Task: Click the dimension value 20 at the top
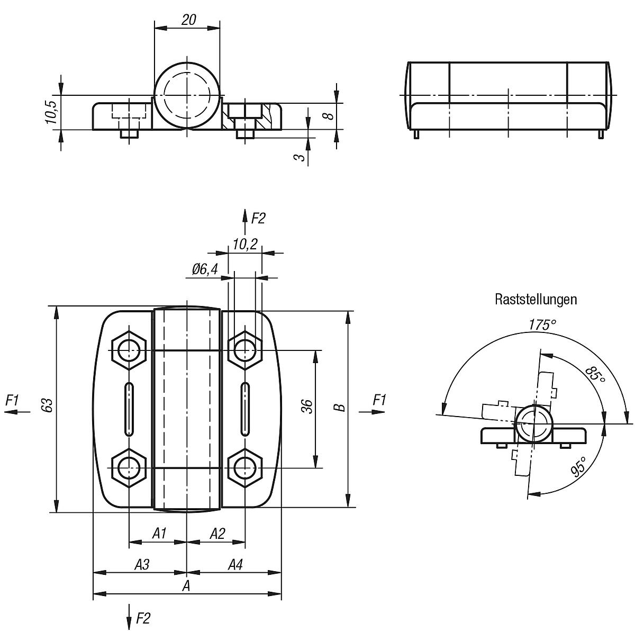(189, 20)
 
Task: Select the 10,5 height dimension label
(51, 112)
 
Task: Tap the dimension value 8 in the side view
(329, 116)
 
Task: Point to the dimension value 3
(299, 157)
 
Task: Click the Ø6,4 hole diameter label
(205, 269)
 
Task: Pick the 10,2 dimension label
(245, 245)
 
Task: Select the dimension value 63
(48, 405)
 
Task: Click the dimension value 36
(306, 407)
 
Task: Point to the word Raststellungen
(536, 300)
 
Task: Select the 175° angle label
(543, 325)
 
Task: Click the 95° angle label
(579, 467)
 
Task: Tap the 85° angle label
(596, 375)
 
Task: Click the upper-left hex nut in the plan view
(129, 350)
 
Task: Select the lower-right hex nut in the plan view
(245, 467)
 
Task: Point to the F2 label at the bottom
(143, 618)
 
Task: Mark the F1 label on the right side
(379, 400)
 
